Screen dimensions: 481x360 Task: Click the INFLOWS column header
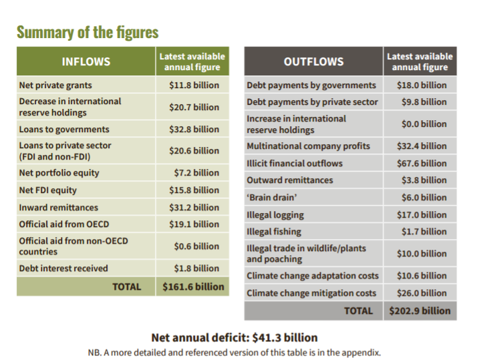86,61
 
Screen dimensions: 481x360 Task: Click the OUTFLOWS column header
313,61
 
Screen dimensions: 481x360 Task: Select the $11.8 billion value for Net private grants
194,85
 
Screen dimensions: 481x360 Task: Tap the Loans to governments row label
64,130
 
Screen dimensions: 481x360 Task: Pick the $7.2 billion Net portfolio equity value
196,173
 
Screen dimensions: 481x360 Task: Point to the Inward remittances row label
59,208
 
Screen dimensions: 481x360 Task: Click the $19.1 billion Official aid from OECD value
194,224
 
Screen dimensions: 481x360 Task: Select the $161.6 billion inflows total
193,287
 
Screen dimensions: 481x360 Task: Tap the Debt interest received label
63,268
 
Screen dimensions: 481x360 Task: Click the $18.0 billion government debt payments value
422,85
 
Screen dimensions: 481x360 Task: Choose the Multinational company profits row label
308,146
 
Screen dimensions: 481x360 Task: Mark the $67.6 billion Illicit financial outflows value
422,164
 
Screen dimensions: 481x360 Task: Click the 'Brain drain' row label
272,198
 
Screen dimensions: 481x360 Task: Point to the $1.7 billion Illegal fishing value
424,232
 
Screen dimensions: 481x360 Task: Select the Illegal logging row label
275,215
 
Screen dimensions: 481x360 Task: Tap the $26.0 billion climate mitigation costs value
422,293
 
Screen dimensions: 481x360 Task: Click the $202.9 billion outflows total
420,311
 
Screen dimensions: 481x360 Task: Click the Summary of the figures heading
88,32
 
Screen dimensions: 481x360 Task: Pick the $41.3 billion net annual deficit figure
285,337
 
